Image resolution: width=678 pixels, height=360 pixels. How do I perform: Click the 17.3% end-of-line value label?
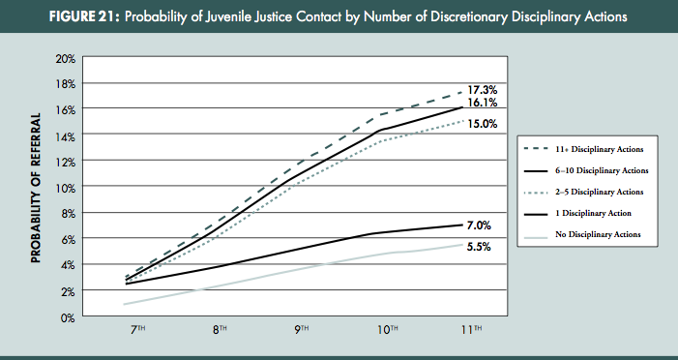[483, 88]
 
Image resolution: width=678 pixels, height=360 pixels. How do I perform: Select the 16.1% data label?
[483, 102]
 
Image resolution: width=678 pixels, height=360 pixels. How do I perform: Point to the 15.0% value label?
[483, 124]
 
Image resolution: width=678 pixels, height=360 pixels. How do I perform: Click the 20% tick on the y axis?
[64, 58]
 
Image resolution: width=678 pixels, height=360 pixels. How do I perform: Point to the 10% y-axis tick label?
[64, 188]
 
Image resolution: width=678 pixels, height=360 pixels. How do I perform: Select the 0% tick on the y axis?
[67, 316]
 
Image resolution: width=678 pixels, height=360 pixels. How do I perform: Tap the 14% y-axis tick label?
[64, 135]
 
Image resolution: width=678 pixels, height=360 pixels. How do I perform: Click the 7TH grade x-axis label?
[139, 330]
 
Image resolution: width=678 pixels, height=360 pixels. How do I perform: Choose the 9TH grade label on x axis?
[303, 330]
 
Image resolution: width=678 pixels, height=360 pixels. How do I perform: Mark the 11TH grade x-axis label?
[471, 330]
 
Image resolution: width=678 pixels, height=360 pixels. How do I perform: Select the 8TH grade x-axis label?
[221, 330]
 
